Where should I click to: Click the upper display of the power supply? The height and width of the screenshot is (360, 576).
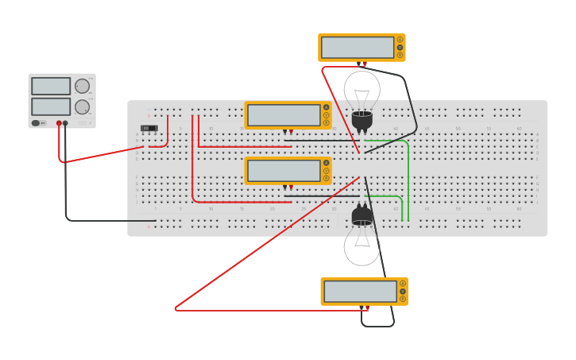tap(51, 86)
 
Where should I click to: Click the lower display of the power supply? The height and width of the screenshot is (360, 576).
tap(51, 106)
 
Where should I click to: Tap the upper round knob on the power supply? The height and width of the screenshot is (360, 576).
tap(82, 86)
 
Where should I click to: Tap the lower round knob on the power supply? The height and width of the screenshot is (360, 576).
tap(82, 106)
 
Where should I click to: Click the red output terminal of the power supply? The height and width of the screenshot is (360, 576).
tap(59, 123)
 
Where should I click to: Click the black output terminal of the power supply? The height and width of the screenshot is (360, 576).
tap(65, 123)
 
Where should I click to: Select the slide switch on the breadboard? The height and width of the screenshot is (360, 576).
tap(149, 128)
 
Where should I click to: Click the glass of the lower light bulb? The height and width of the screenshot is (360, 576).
tap(361, 246)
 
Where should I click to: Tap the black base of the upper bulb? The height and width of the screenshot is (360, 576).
tap(361, 120)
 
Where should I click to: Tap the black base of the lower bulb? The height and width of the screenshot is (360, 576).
tap(361, 215)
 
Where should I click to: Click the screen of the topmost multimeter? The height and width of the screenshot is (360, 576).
tap(358, 48)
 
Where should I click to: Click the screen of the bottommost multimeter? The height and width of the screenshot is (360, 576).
tap(360, 292)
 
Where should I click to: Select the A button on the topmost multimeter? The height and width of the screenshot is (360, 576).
tap(400, 40)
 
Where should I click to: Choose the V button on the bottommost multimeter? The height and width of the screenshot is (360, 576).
tap(403, 292)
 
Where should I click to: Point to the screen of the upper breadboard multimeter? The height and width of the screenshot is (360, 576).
tap(284, 115)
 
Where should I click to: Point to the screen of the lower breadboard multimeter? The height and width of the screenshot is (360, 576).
tap(284, 171)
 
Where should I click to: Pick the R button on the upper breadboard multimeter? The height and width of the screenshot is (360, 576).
tap(326, 122)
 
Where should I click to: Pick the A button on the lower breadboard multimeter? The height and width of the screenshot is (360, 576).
tap(326, 163)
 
